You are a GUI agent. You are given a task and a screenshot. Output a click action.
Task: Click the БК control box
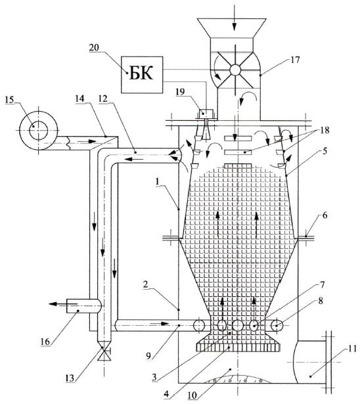click(x=142, y=75)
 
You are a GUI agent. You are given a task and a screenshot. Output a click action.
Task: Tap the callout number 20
click(x=95, y=48)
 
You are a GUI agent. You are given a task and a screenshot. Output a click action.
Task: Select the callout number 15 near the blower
click(x=10, y=100)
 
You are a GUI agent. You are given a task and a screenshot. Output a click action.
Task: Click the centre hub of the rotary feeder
click(x=235, y=70)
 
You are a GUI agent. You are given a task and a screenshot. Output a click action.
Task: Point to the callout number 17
click(x=295, y=60)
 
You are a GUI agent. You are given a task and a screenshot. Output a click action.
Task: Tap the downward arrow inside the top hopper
click(x=234, y=25)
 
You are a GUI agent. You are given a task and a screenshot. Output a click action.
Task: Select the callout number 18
click(x=325, y=130)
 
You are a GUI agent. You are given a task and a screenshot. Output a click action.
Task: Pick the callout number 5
click(x=325, y=151)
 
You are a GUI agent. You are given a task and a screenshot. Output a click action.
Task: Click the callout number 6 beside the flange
click(x=325, y=215)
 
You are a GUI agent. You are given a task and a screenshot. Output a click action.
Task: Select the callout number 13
click(x=70, y=378)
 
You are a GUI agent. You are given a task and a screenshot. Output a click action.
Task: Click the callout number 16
click(x=45, y=342)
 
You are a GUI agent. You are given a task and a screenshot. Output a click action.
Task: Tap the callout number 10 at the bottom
click(x=192, y=395)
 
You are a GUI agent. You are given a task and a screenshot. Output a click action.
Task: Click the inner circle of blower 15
click(x=38, y=130)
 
